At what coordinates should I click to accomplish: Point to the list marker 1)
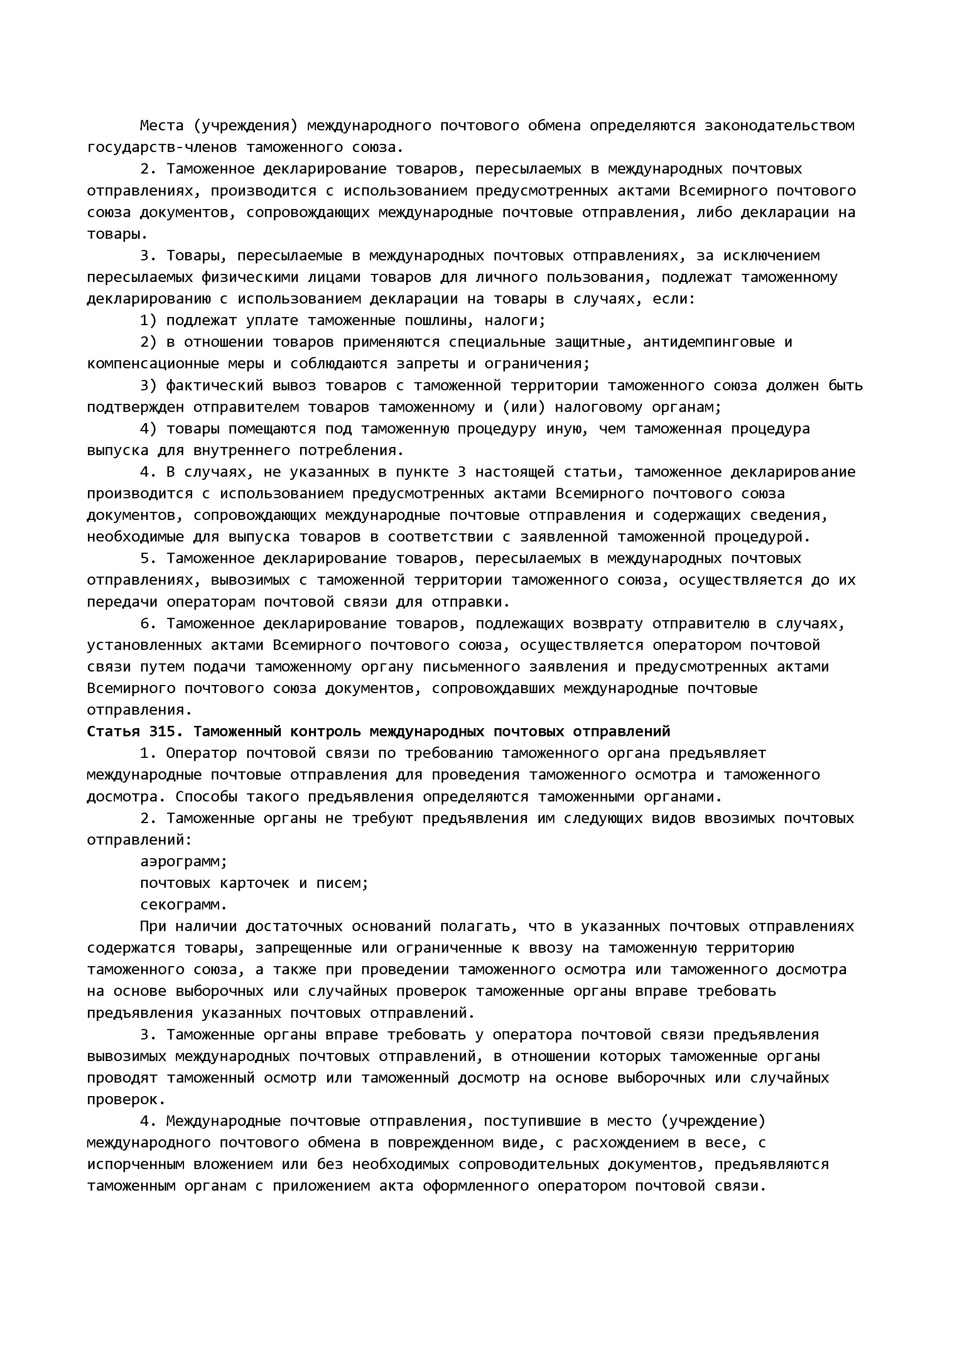(149, 321)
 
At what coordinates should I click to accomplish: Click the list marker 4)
(149, 429)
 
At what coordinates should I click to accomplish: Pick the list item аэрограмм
(183, 862)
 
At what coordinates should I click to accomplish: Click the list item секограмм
(183, 904)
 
